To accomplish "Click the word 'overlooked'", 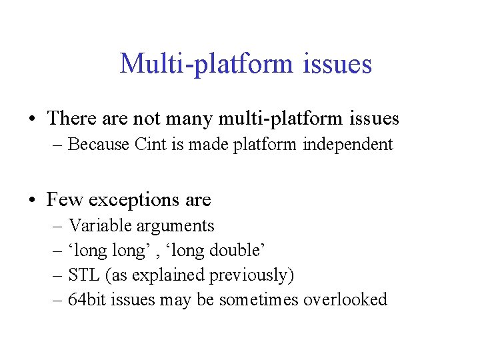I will click(x=345, y=300).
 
